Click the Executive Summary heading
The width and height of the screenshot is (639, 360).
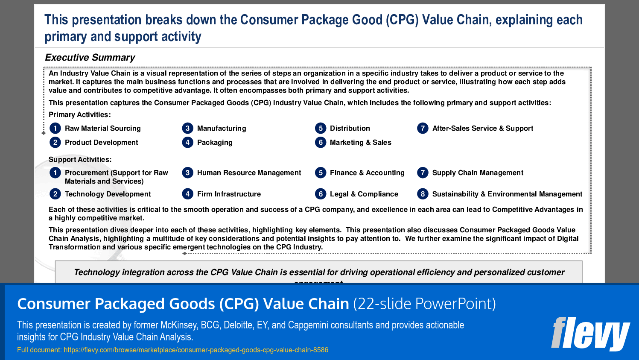point(90,58)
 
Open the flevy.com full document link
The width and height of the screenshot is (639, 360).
point(196,350)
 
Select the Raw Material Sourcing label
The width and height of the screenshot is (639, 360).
point(102,129)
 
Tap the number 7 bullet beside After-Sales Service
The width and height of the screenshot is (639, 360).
point(423,128)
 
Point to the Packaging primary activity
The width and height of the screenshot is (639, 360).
point(215,143)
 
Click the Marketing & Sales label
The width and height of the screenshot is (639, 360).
point(360,143)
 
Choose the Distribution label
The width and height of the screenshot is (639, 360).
point(350,129)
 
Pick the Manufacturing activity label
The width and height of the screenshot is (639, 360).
point(222,129)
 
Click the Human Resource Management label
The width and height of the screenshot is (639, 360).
point(249,173)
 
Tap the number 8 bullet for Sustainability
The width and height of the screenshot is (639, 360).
point(423,194)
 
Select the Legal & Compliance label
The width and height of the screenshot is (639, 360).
point(364,194)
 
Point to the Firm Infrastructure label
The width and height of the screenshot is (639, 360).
point(229,194)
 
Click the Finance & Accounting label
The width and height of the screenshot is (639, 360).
point(367,173)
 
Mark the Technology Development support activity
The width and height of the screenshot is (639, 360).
point(108,194)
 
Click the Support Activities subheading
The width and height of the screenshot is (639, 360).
point(80,160)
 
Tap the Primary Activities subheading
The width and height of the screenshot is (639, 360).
point(79,115)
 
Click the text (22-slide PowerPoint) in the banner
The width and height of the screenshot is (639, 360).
point(424,304)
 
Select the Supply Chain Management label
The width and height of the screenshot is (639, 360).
point(478,173)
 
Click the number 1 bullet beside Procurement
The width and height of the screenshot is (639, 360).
point(55,173)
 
